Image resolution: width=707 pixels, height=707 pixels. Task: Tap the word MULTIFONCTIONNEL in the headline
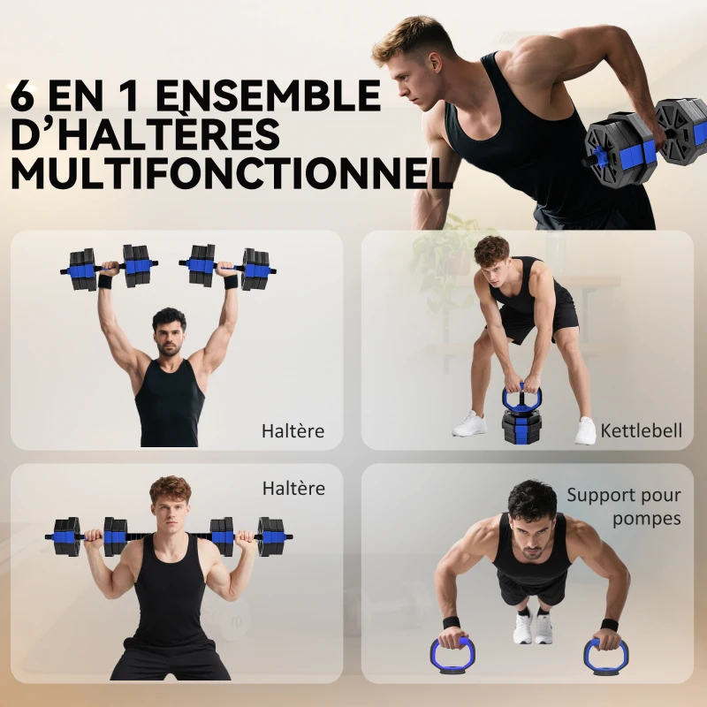pos(230,172)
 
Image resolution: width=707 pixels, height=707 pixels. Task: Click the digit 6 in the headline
pos(25,95)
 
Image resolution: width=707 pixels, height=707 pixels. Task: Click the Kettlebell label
pos(642,431)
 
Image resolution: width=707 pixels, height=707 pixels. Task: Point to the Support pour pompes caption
pos(624,506)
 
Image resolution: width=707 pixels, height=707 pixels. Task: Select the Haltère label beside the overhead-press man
pos(293,431)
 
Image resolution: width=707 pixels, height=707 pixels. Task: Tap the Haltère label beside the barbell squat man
pos(293,488)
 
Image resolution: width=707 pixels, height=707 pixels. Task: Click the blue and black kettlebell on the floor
pos(521,415)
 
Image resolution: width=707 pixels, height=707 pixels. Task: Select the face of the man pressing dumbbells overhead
pos(170,334)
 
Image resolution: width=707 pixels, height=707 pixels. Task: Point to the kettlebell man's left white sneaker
pos(469,424)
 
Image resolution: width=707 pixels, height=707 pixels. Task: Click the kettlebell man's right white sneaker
pos(585,430)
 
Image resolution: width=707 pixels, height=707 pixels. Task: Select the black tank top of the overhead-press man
pos(170,402)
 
